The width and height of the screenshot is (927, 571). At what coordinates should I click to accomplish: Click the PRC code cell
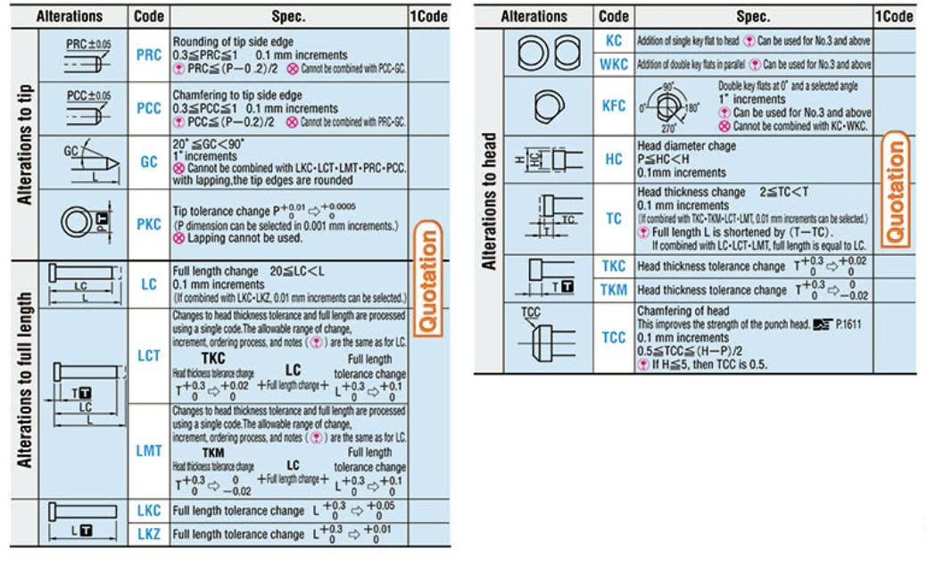tap(149, 54)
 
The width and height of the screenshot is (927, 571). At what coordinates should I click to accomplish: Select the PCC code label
tap(149, 108)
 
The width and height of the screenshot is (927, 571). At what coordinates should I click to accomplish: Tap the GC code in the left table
tap(149, 162)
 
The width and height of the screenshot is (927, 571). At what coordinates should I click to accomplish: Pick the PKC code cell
tap(149, 225)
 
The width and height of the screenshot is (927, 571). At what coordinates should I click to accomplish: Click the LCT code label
tap(149, 355)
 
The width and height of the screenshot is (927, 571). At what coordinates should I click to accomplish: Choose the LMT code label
tap(149, 451)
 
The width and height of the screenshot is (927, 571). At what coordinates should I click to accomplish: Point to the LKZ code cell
tap(149, 534)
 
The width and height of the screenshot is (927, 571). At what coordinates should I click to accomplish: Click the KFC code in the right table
tap(614, 106)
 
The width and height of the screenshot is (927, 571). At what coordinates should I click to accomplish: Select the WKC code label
tap(614, 64)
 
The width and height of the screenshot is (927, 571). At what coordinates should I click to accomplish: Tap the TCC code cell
tap(614, 337)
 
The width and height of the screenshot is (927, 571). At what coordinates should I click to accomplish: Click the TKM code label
tap(614, 289)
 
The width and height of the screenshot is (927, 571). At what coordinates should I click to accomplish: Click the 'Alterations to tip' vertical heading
tap(25, 145)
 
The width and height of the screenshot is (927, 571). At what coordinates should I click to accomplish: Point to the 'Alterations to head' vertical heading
tap(489, 202)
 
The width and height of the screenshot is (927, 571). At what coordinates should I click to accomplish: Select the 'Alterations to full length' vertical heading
tap(25, 379)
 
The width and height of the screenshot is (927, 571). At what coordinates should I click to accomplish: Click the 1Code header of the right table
tap(894, 16)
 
